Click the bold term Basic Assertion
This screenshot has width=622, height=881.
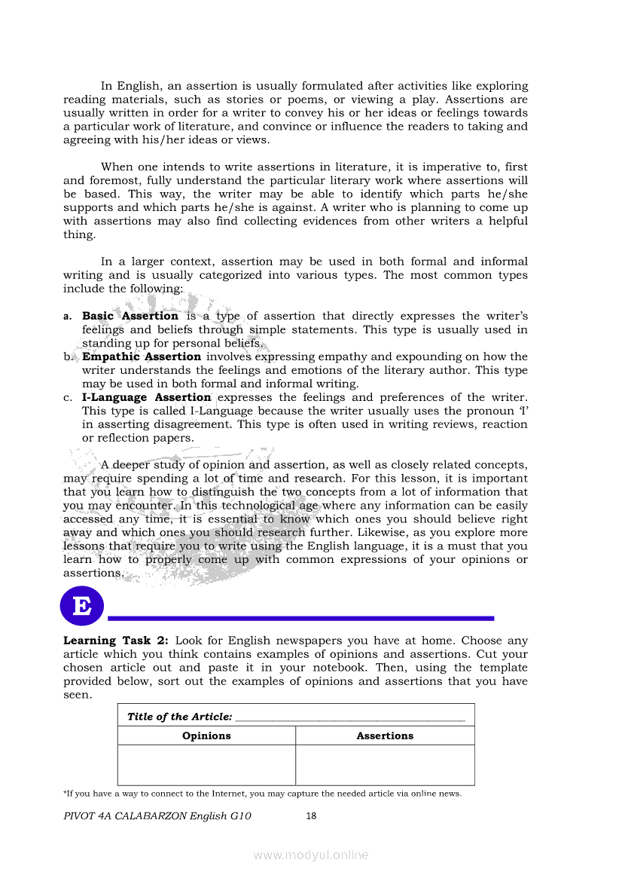coord(130,316)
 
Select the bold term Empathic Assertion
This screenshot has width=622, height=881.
coord(142,356)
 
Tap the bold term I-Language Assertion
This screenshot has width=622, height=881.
coord(146,397)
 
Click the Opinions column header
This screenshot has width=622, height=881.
coord(206,736)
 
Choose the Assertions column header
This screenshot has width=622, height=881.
coord(385,736)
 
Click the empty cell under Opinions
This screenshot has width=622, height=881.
coord(206,765)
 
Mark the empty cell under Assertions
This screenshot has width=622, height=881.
coord(385,765)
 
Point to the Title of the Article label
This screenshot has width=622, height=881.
coord(179,717)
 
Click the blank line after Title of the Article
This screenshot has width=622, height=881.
coord(349,718)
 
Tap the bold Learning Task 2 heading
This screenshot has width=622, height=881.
coord(115,641)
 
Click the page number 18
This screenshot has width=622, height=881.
coord(311,815)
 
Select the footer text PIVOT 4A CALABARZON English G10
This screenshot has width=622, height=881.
coord(157,815)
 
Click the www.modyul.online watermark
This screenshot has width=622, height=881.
coord(311,855)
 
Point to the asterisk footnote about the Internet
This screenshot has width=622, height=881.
coord(263,794)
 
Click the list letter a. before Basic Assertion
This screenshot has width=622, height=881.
coord(68,317)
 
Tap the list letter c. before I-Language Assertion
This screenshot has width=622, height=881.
coord(68,398)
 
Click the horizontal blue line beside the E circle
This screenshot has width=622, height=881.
coord(301,618)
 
